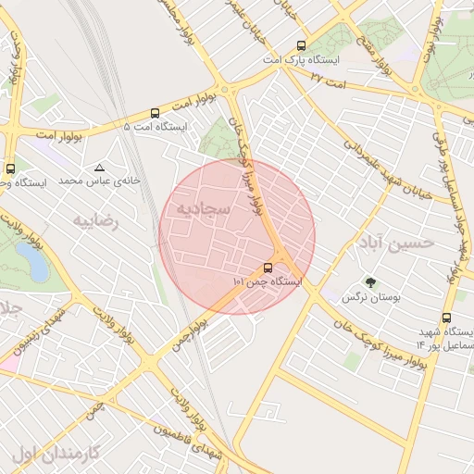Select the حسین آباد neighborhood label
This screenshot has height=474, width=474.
point(393,243)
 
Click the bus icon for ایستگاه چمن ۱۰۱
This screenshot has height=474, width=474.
point(268,268)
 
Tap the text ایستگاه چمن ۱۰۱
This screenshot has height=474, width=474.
point(268,281)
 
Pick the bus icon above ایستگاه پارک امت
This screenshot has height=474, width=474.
point(301,44)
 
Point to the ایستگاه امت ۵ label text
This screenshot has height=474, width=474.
point(155,126)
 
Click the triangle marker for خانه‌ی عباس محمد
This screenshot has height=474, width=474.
point(99,168)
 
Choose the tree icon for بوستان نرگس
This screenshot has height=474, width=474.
point(371,282)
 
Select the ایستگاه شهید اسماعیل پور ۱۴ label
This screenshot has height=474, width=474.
point(445,339)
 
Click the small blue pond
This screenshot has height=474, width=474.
point(37,265)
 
